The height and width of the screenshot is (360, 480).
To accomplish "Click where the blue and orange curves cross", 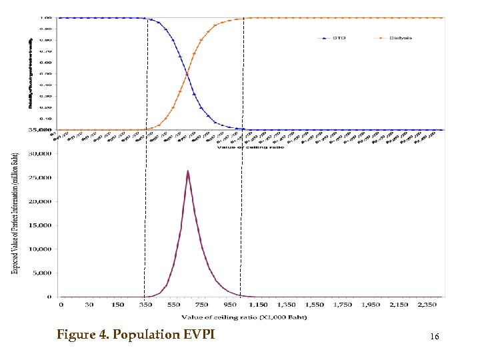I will point(187,73).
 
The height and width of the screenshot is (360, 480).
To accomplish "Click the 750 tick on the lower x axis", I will point(202,305).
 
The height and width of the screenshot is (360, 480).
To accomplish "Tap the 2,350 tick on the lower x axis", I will point(427,305).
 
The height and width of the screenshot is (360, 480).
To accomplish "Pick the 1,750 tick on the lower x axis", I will point(343,305).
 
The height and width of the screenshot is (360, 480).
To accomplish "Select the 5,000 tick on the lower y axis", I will point(43,273).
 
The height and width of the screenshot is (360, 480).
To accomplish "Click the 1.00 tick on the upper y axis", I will point(47,17).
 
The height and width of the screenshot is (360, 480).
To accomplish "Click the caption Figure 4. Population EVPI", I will point(135,334).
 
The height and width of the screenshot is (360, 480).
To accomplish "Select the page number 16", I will point(435,337).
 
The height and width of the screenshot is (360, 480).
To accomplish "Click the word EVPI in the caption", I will point(199,334).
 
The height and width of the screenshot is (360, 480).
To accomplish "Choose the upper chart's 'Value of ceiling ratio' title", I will point(250,147).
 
